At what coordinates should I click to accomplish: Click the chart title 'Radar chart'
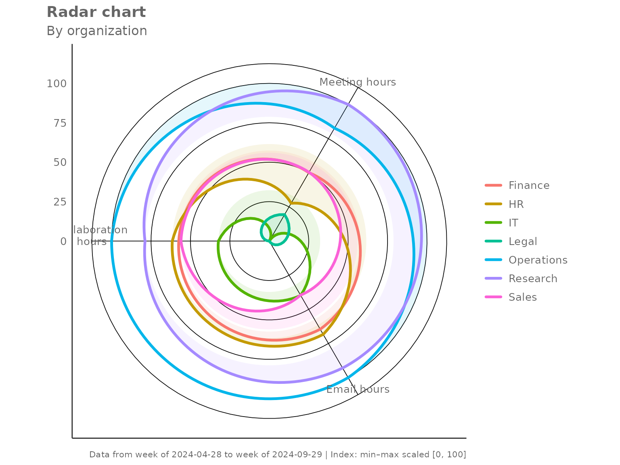pyautogui.click(x=96, y=12)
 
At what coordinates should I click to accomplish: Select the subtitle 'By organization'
pyautogui.click(x=97, y=31)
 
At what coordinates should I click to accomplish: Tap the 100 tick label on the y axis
pyautogui.click(x=57, y=84)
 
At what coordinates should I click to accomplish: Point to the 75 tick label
pyautogui.click(x=60, y=123)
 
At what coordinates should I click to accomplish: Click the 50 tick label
pyautogui.click(x=60, y=162)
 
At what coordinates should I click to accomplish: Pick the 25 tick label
pyautogui.click(x=60, y=202)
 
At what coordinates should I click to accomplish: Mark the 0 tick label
pyautogui.click(x=63, y=241)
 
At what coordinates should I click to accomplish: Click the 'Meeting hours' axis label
pyautogui.click(x=358, y=82)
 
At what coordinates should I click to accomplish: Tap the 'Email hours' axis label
pyautogui.click(x=358, y=390)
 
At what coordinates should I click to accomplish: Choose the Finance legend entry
pyautogui.click(x=529, y=186)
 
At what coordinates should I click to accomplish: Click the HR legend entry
pyautogui.click(x=516, y=204)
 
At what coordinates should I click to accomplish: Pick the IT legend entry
pyautogui.click(x=513, y=223)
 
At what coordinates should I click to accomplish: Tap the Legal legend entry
pyautogui.click(x=523, y=241)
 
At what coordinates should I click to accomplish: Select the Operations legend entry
pyautogui.click(x=538, y=260)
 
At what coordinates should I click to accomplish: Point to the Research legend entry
pyautogui.click(x=533, y=279)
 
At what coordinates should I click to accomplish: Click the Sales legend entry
pyautogui.click(x=522, y=297)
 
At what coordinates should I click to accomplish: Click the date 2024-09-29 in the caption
pyautogui.click(x=297, y=455)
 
